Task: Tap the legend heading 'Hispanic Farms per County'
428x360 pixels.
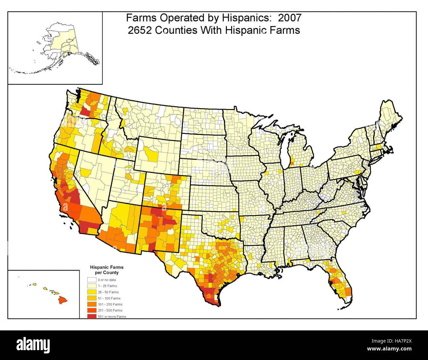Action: coord(107,270)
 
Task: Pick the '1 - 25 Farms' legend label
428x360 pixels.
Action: coord(107,286)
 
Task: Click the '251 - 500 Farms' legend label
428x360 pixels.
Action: coord(110,310)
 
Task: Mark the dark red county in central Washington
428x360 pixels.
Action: coord(87,111)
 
